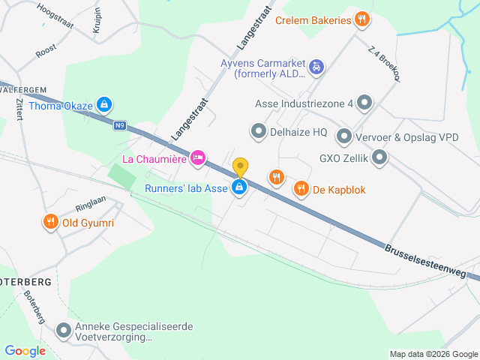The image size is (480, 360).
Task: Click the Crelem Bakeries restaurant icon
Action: [x=362, y=20]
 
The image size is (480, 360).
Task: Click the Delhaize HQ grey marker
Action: [x=259, y=132]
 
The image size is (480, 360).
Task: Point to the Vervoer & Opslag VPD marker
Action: [x=344, y=136]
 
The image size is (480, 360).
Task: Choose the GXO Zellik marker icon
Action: [x=379, y=157]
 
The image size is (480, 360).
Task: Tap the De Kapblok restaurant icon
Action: [x=301, y=189]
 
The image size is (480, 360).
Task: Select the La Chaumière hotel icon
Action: [x=198, y=157]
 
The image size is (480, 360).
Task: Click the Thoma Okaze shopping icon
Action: [x=105, y=105]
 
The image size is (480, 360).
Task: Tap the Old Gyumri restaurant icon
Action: [x=50, y=222]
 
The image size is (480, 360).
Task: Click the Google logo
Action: [x=25, y=350]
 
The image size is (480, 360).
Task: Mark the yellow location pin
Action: [x=240, y=166]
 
